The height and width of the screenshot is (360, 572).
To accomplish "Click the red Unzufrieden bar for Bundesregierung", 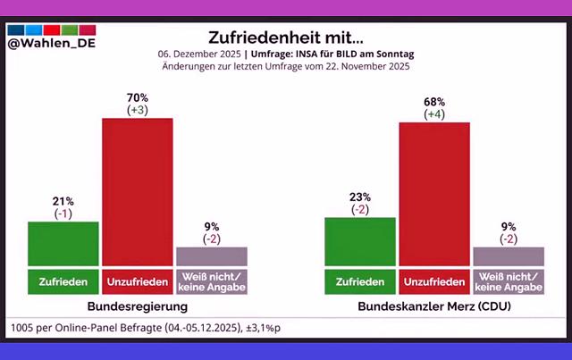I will point(137,191).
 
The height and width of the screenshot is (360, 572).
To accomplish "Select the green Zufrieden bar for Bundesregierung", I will point(63,243).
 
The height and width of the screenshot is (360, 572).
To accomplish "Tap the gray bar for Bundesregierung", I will point(211,256).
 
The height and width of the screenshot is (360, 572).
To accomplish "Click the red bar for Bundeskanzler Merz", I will point(433,194).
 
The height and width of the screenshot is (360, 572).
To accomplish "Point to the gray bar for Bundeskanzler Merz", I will point(508,256).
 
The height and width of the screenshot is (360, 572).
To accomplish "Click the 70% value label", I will point(137,96).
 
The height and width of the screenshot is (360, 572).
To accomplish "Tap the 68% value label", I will point(433,100).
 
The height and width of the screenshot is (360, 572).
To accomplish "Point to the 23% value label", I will point(359,196).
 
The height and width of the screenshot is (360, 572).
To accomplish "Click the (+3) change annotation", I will point(137,109).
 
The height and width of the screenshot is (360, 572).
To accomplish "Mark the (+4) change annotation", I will point(433,113).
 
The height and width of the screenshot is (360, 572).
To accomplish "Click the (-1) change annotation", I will point(63,213).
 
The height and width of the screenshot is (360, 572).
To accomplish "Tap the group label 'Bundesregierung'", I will point(137,306).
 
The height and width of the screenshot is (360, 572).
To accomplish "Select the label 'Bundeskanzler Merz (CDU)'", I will point(433,306).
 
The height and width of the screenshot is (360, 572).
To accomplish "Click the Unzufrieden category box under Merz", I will point(433,281).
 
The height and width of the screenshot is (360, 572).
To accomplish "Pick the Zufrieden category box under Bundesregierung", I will point(63,281).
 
